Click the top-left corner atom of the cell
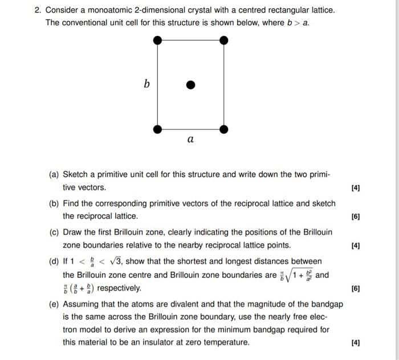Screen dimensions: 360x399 click(x=158, y=40)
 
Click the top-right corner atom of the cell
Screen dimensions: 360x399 click(x=224, y=40)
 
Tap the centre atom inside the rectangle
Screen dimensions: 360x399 click(x=191, y=85)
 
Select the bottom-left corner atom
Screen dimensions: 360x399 click(x=158, y=129)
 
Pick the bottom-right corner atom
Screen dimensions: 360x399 click(x=224, y=129)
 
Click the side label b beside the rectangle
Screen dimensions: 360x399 click(x=146, y=84)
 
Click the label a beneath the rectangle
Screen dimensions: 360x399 click(x=190, y=140)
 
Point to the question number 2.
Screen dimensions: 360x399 click(x=36, y=10)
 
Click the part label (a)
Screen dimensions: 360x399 click(x=55, y=174)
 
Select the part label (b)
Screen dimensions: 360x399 click(x=55, y=203)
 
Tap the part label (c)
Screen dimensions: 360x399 click(x=55, y=232)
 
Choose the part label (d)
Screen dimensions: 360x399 click(x=55, y=261)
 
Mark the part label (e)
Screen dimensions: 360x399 click(x=55, y=304)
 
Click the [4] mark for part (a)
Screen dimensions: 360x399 click(x=356, y=187)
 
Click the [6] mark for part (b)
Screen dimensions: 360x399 click(x=356, y=216)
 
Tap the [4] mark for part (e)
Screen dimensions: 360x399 click(x=356, y=342)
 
